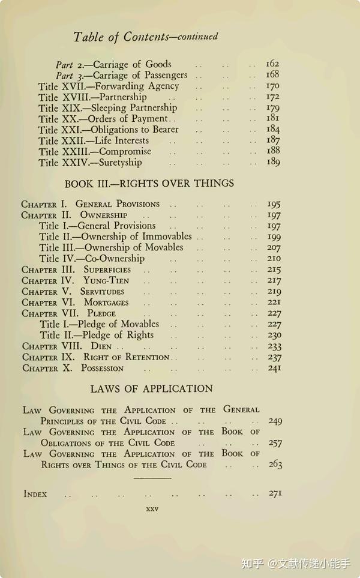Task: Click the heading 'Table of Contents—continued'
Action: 145,37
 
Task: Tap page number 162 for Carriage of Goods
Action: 272,64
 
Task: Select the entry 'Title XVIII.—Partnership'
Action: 92,97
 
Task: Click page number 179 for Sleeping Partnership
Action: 273,108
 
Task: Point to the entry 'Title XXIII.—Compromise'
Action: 95,151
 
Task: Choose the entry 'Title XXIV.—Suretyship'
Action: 90,162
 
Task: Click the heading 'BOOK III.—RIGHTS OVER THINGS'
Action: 149,183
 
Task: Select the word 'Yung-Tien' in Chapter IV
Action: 106,280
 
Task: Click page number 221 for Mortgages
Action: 274,302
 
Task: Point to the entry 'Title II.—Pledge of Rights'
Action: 97,335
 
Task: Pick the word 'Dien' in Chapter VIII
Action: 101,346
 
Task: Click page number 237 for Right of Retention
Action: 274,357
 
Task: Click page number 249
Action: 275,421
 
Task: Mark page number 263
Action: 275,464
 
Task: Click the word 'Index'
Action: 35,494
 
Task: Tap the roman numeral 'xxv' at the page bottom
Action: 152,509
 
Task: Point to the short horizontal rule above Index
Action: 152,478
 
